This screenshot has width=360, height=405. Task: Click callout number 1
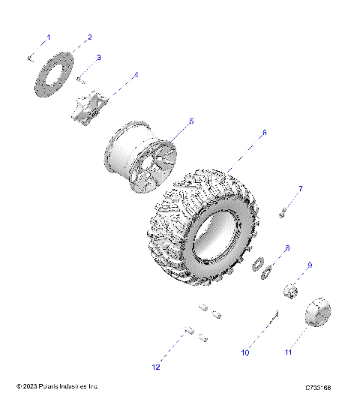(x=49, y=37)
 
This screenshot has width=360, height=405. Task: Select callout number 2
(x=89, y=37)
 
